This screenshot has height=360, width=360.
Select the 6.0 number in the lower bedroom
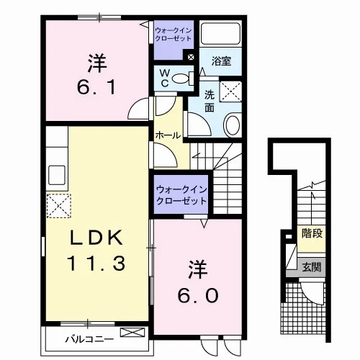point(198,295)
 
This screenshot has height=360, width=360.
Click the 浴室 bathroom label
point(221,61)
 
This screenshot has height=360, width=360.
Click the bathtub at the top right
point(220,34)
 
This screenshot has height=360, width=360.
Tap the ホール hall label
point(168,135)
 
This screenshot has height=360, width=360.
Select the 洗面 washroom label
point(210,102)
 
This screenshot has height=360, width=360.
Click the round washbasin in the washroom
point(232,125)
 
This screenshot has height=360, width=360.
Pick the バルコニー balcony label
point(90,339)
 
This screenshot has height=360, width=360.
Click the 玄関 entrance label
point(312,267)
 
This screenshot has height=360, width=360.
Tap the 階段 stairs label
point(312,233)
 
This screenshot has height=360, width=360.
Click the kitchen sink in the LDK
point(57,175)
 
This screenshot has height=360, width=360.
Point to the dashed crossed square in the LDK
point(59,206)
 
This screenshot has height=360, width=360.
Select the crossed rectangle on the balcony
point(132,332)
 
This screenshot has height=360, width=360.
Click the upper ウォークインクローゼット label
point(174,35)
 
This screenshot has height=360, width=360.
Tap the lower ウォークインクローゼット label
point(181,195)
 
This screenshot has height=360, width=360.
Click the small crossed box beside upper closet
point(191,57)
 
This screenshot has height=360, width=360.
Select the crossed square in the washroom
point(231,91)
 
